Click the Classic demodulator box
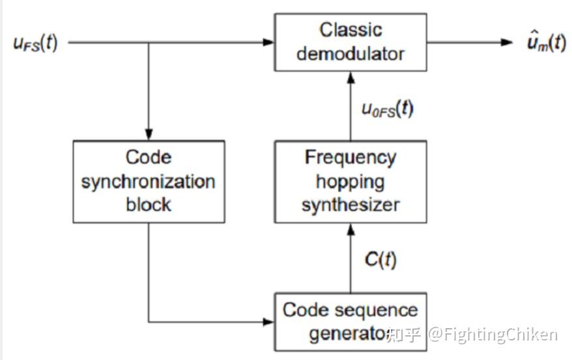(x=350, y=42)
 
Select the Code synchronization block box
(x=148, y=181)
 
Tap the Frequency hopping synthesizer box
(x=350, y=181)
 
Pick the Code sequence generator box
(x=350, y=322)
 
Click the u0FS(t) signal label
(x=387, y=109)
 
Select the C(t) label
(x=380, y=258)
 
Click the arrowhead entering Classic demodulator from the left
(x=268, y=42)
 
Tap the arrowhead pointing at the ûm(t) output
(x=508, y=42)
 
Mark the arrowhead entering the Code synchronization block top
(x=149, y=134)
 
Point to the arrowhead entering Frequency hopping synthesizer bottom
(x=350, y=228)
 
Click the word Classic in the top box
(x=350, y=30)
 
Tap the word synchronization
(x=148, y=181)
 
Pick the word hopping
(x=350, y=181)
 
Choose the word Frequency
(x=350, y=158)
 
